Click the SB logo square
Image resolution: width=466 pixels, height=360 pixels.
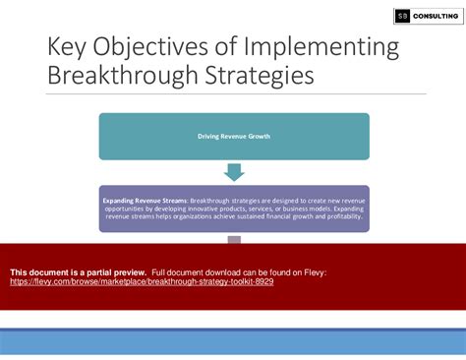point(402,16)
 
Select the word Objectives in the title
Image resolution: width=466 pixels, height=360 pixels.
point(153,48)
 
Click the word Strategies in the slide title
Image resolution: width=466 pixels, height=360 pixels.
point(263,77)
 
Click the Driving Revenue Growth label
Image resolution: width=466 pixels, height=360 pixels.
point(233,135)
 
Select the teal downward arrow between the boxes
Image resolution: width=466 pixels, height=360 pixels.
point(233,171)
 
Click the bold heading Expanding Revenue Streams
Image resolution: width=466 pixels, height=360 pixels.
point(145,200)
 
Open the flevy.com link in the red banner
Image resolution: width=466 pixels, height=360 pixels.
point(142,281)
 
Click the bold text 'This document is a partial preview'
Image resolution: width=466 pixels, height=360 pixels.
point(78,270)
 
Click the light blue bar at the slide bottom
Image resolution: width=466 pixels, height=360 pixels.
point(233,342)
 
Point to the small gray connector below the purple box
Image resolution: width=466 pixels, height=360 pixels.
point(233,239)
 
